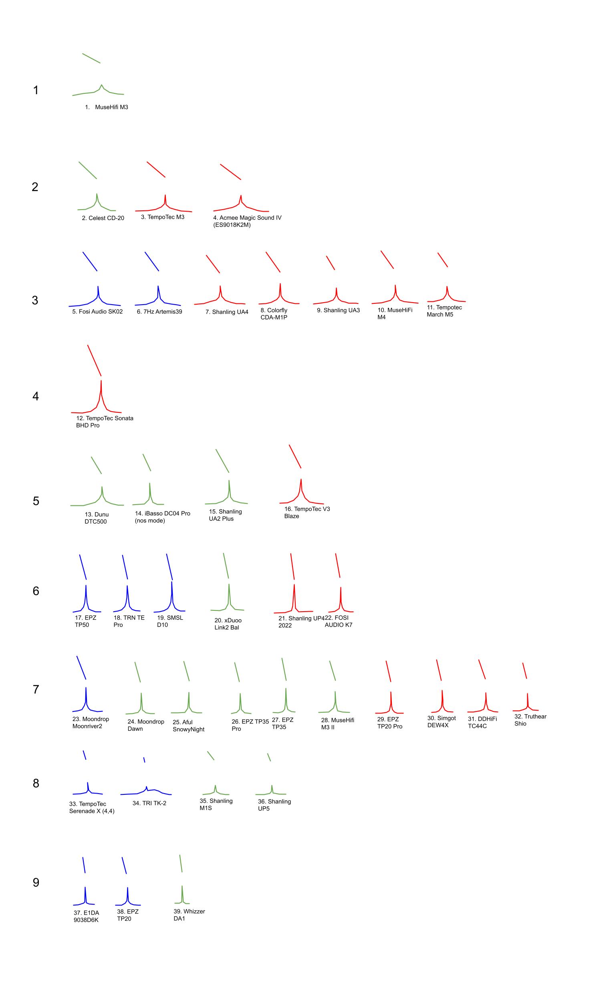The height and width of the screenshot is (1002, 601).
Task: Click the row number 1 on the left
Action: tap(36, 90)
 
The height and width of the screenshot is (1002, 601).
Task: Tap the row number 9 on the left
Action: tap(36, 883)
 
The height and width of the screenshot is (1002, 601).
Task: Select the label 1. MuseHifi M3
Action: tap(107, 107)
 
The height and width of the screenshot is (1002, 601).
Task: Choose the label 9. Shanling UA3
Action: tap(338, 310)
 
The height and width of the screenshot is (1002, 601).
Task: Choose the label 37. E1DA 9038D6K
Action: tap(86, 916)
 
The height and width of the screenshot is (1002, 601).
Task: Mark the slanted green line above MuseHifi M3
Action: tap(91, 59)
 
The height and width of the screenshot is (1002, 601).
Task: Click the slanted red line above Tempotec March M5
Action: tap(443, 260)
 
